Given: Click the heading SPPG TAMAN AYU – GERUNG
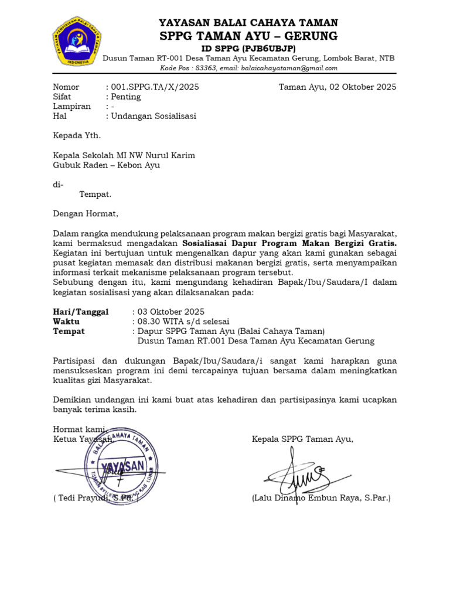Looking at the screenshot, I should click(248, 36).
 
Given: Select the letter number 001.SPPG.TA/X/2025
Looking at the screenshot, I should click(154, 87).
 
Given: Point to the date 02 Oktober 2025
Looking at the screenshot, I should click(363, 87).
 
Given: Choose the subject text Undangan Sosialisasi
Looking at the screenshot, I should click(153, 116).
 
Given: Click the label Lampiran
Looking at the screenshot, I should click(71, 107).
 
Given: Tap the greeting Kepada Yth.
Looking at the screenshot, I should click(77, 136).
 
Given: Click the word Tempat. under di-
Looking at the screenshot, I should click(95, 194).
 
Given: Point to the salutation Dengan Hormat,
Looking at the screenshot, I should click(86, 213).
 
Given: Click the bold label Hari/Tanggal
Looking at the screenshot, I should click(81, 312).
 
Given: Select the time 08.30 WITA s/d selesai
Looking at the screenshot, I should click(183, 321).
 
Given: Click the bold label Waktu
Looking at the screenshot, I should click(66, 321).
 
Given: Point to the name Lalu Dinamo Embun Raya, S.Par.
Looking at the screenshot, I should click(321, 498).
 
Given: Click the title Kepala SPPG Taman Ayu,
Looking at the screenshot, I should click(302, 439).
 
